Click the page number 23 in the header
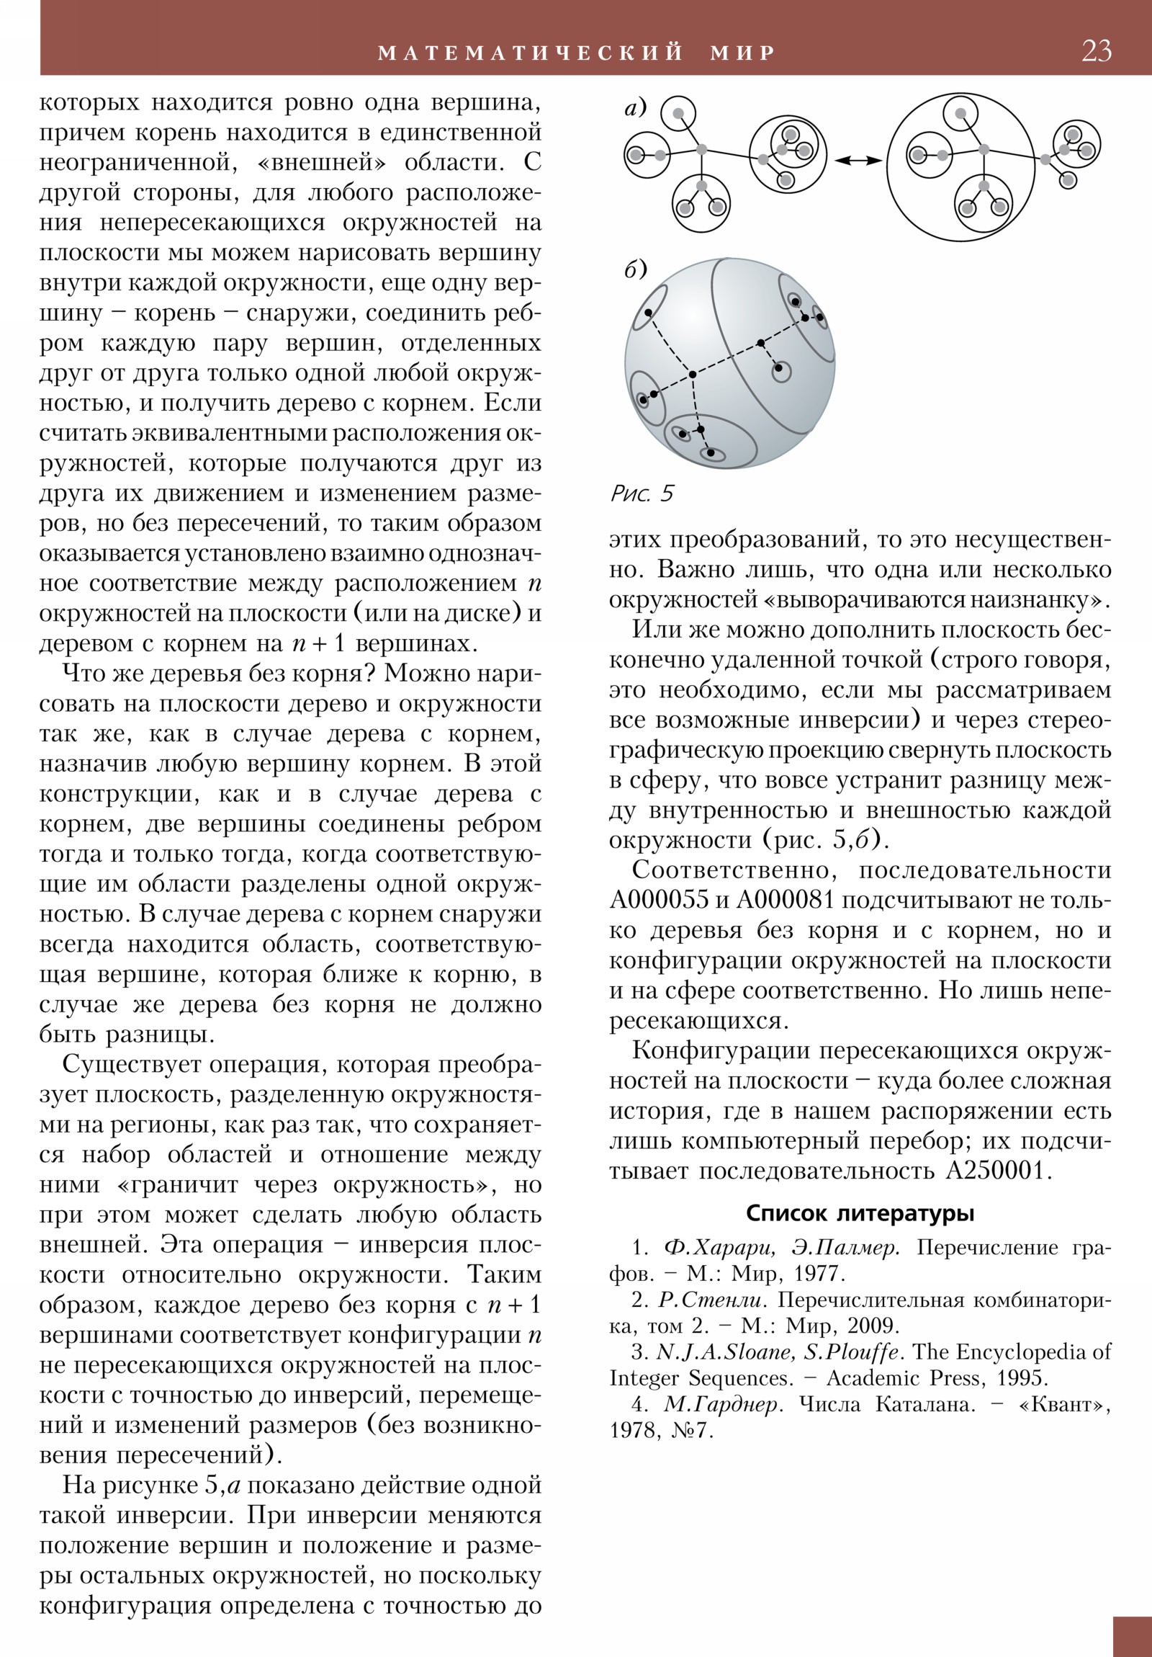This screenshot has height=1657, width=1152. click(x=1096, y=51)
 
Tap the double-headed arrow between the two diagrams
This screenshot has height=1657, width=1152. click(x=858, y=160)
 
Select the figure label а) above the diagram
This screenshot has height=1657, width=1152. click(x=636, y=108)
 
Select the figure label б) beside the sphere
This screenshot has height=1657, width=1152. click(x=636, y=270)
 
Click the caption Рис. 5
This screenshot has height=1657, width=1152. click(x=642, y=493)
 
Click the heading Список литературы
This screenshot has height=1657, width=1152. click(x=860, y=1212)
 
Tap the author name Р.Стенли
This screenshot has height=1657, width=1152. click(x=711, y=1300)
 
